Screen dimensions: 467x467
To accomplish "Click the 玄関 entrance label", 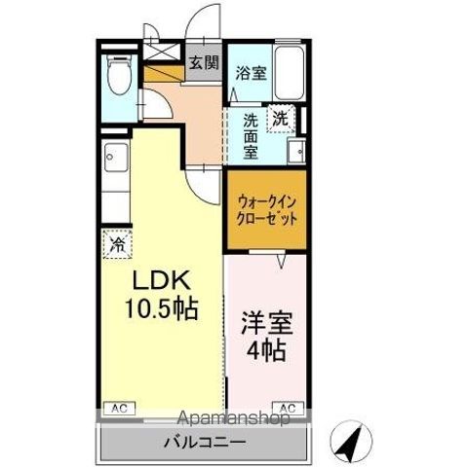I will [203, 64].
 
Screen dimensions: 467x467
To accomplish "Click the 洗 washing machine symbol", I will [281, 118].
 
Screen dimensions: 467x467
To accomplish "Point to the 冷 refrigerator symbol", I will [117, 244].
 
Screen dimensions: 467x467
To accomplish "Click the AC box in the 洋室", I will [289, 407].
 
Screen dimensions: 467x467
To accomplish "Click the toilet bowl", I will [120, 79].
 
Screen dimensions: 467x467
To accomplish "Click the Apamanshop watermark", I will [233, 420].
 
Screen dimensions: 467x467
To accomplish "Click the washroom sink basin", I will [296, 150].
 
